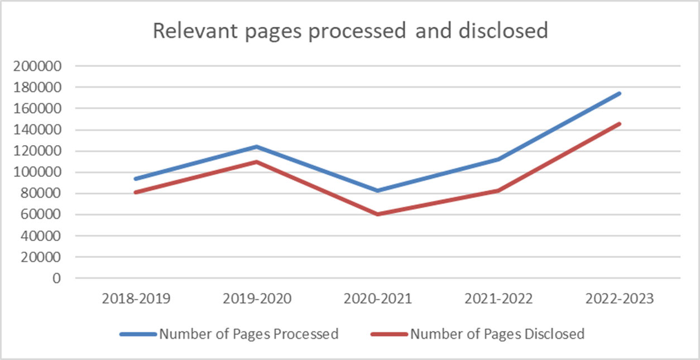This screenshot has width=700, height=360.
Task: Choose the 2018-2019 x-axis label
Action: click(x=137, y=299)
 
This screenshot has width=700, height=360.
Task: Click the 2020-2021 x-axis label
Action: click(x=378, y=299)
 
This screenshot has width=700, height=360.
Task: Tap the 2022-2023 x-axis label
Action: click(x=620, y=299)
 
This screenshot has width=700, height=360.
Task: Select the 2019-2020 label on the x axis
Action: click(x=257, y=299)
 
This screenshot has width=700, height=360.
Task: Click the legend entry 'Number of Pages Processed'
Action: click(x=248, y=334)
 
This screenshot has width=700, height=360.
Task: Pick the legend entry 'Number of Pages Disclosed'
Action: click(x=497, y=334)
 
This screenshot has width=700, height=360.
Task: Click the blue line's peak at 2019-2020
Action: click(x=257, y=147)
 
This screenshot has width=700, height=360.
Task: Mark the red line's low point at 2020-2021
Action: click(x=378, y=214)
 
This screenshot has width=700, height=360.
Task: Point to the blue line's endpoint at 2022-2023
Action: click(x=620, y=93)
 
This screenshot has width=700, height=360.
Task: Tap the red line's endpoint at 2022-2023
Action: click(x=620, y=123)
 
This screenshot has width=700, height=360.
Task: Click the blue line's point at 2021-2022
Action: click(x=499, y=159)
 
